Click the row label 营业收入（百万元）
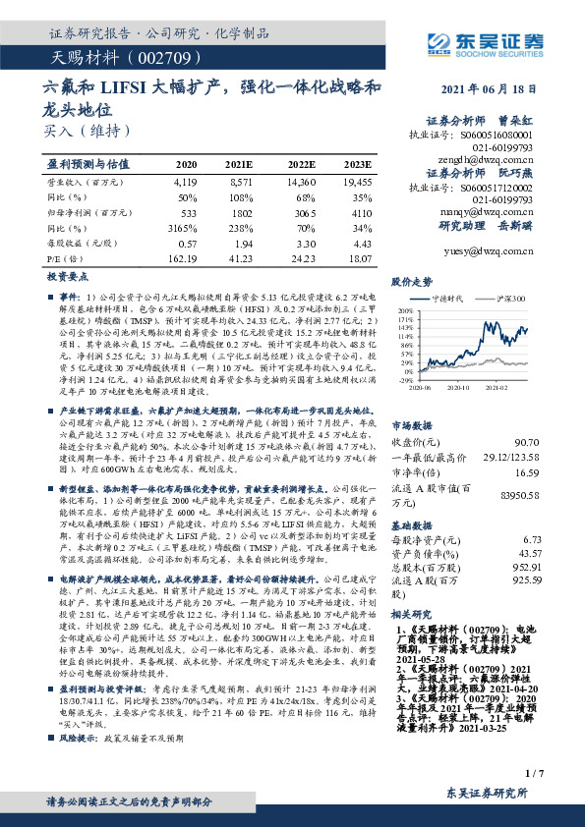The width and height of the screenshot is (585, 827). pos(82,182)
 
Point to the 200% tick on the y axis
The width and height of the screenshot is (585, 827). pos(405,309)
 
